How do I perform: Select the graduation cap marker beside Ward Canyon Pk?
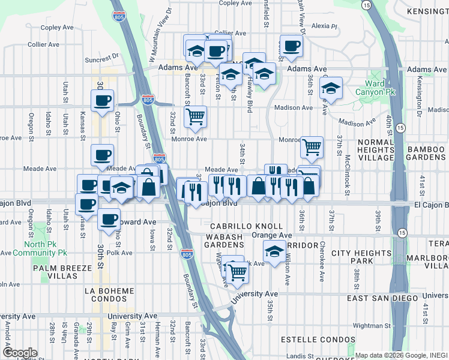(x=331, y=88)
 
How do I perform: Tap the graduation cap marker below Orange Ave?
(x=274, y=251)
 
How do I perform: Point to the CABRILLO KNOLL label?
(x=246, y=226)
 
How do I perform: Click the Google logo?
(x=20, y=352)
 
